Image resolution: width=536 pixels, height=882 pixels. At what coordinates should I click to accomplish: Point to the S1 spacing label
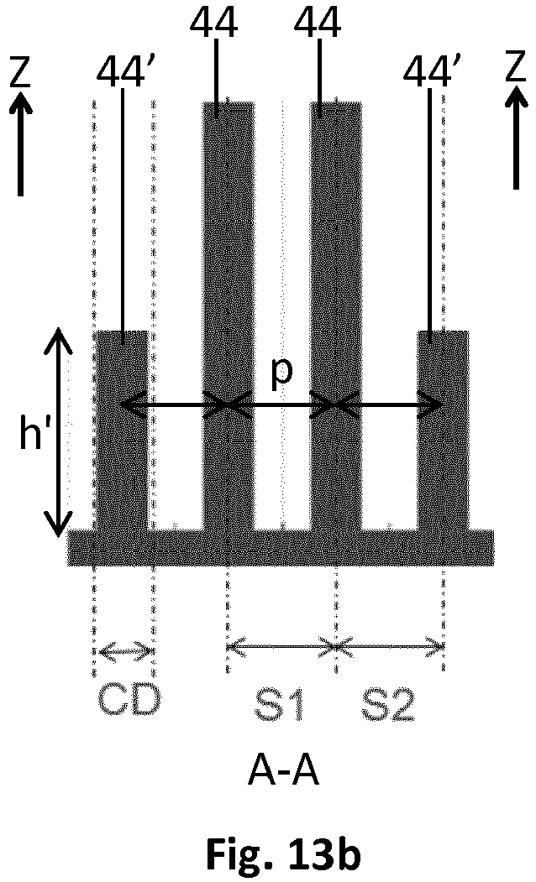tap(279, 705)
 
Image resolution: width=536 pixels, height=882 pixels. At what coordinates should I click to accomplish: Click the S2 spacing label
tap(388, 705)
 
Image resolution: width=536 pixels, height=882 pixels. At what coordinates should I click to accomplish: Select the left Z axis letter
tap(20, 72)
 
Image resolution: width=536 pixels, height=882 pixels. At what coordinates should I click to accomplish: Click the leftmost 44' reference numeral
tap(123, 71)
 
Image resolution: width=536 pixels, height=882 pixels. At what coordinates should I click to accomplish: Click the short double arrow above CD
tap(126, 651)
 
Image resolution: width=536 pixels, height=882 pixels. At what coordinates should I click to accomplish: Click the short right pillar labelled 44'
tap(443, 431)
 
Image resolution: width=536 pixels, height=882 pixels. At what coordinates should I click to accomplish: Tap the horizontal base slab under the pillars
tap(281, 547)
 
